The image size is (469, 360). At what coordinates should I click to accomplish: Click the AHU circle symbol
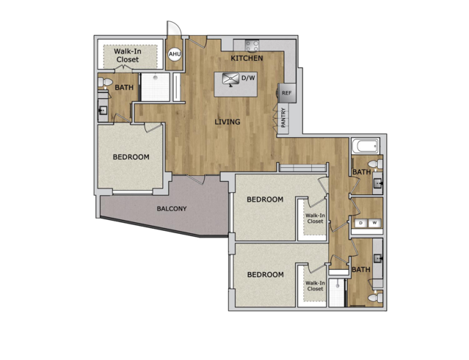(175, 54)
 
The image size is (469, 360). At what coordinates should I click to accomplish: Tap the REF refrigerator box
(287, 93)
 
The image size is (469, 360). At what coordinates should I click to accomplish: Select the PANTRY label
(283, 117)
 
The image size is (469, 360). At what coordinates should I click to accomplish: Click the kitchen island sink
(230, 79)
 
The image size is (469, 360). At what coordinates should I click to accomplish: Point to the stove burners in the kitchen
(252, 46)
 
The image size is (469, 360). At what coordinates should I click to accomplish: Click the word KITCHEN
(247, 58)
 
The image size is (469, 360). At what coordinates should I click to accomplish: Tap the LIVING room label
(228, 122)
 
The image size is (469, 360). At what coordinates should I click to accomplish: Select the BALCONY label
(172, 208)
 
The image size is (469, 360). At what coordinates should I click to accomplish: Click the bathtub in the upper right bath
(366, 146)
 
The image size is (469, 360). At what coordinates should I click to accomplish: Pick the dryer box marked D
(361, 223)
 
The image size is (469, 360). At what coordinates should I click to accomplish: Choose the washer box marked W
(374, 223)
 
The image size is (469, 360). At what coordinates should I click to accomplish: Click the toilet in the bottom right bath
(375, 297)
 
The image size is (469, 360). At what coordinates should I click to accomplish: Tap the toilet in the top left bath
(105, 82)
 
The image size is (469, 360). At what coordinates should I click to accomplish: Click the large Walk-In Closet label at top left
(128, 55)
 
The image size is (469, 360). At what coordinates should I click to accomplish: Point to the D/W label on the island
(248, 78)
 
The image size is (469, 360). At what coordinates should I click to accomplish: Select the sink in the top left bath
(103, 111)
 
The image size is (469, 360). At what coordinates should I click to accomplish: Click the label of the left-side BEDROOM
(131, 157)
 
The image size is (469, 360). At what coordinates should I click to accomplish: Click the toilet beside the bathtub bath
(375, 164)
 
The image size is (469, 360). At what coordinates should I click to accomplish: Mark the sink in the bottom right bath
(378, 258)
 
